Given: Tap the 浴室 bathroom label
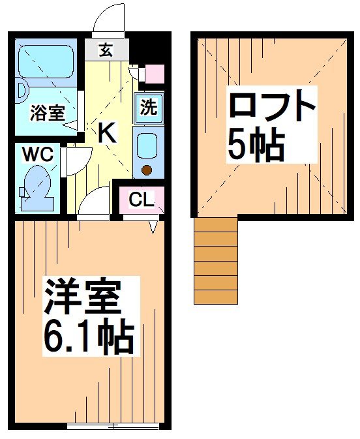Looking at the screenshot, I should [x=48, y=112].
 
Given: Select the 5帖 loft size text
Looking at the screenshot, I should [x=256, y=146].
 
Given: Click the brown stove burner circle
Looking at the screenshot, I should [x=147, y=171].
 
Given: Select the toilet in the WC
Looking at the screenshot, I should [x=38, y=188].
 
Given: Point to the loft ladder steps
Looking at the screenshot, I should [x=216, y=261].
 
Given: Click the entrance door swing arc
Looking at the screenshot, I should [x=108, y=18].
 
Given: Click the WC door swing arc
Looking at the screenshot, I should [x=76, y=160].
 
